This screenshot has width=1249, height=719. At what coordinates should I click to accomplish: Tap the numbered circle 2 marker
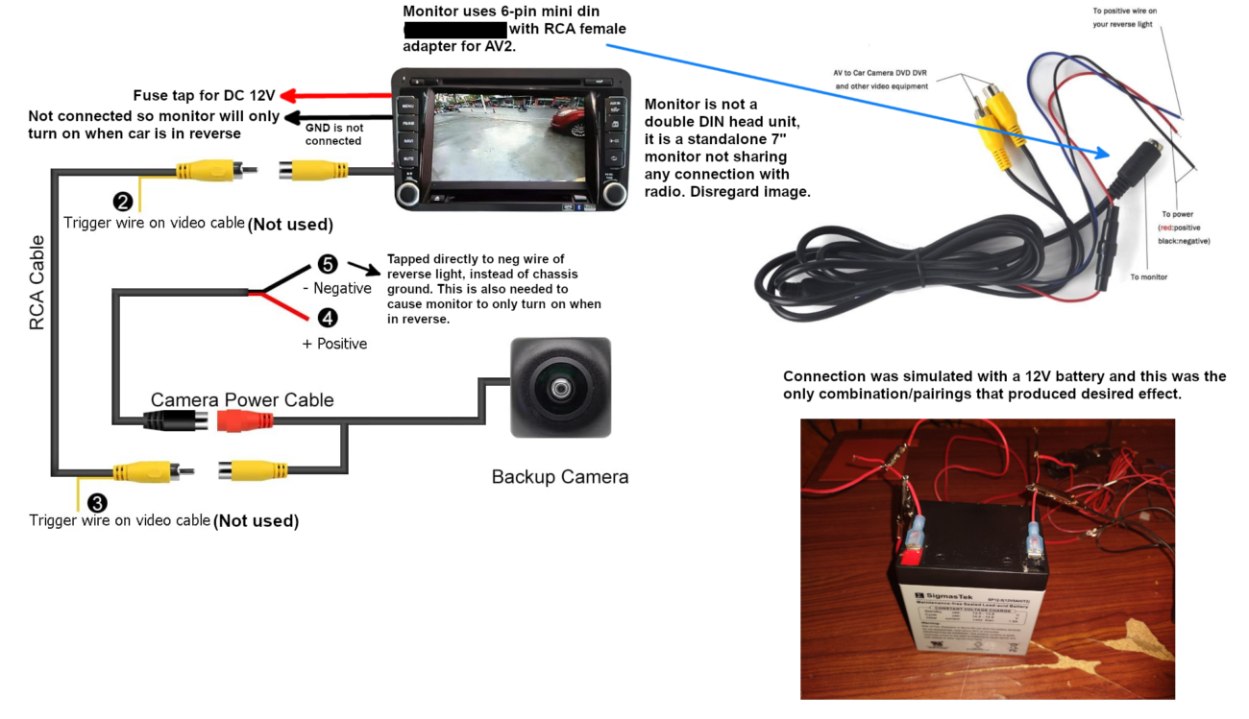[123, 202]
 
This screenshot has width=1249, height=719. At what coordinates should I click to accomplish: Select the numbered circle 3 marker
[97, 502]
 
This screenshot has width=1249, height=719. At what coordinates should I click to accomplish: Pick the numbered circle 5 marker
[327, 264]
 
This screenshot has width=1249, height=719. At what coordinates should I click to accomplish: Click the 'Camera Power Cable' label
[242, 399]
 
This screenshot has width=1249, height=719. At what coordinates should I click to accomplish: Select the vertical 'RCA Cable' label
[37, 283]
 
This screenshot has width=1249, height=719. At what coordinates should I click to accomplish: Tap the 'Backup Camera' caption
[559, 477]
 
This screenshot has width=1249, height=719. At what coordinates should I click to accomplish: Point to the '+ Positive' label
[334, 344]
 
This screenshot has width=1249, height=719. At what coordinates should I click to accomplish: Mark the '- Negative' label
[336, 288]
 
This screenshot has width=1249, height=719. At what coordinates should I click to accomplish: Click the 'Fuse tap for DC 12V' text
[204, 96]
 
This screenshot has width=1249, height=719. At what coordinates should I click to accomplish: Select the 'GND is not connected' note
[333, 134]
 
